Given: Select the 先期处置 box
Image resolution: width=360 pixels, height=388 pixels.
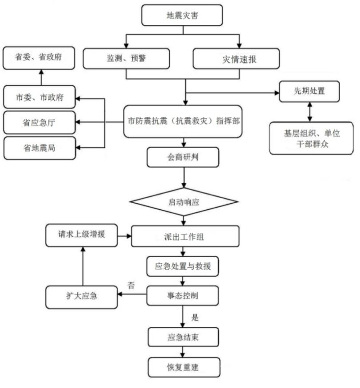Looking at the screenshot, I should coord(309,92).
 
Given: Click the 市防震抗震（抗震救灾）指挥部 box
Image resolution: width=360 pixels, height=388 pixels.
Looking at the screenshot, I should coord(183,121).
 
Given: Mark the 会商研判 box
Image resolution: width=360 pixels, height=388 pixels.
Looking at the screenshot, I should coord(183,157).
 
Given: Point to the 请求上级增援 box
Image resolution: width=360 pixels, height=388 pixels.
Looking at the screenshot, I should coord(82,236).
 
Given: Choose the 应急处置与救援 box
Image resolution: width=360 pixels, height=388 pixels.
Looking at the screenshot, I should coord(183,267).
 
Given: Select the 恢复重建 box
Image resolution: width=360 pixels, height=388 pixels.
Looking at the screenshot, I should coord(183,368).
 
